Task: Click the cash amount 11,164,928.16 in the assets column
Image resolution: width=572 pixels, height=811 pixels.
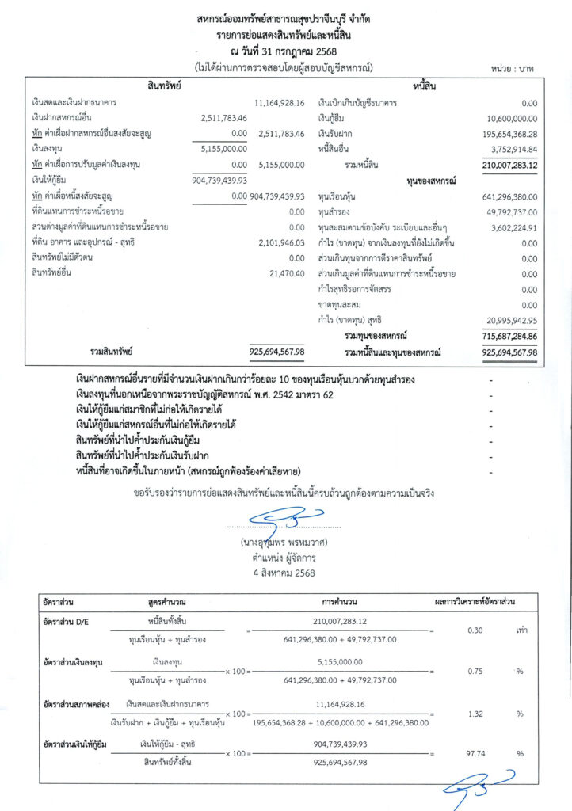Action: (280, 104)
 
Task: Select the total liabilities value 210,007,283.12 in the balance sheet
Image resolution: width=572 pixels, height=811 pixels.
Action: (509, 165)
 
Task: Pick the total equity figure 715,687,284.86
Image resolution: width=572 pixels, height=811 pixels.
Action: (509, 336)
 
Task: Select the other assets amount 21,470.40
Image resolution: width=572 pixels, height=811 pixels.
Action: (287, 273)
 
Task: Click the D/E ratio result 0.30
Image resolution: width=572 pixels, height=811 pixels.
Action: (475, 631)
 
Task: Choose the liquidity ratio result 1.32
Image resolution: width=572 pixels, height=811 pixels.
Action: (475, 714)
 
